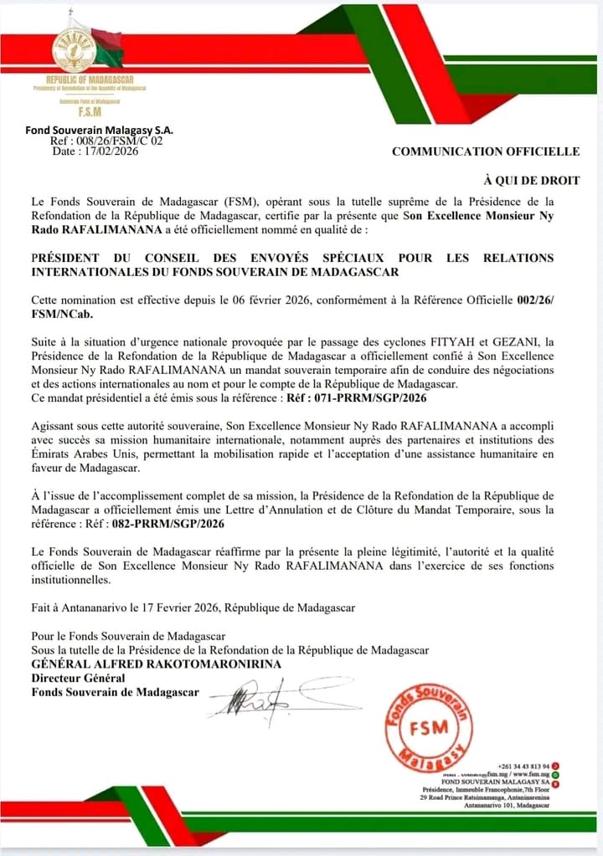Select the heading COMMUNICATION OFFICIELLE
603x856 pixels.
click(486, 151)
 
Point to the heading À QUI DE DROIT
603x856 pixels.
click(532, 180)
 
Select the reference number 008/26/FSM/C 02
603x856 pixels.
click(116, 141)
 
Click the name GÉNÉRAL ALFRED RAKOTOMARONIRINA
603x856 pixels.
click(157, 664)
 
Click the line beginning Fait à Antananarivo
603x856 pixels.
click(193, 607)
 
